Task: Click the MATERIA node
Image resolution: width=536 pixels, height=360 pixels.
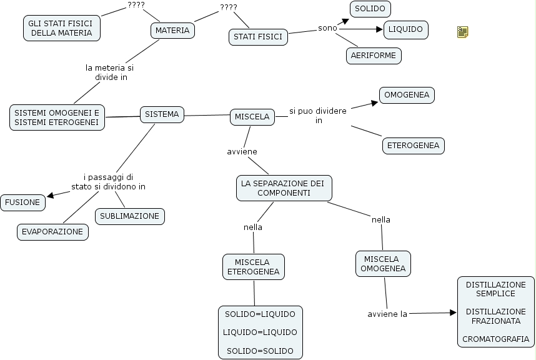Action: pos(172,30)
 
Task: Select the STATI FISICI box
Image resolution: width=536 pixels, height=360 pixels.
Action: pos(257,37)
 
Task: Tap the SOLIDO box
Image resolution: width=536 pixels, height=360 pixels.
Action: pos(370,9)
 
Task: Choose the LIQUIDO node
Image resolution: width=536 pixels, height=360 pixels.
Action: pos(405,29)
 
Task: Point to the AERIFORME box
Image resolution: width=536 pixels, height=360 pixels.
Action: pos(374,56)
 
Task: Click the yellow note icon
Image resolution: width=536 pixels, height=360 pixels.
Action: pos(463,32)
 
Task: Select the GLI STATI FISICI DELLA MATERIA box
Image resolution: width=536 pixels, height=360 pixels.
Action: pos(61,28)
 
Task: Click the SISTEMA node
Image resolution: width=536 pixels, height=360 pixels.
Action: pos(162,114)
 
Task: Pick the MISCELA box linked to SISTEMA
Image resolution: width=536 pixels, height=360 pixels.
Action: pos(252,116)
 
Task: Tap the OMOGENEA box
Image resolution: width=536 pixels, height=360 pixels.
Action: pos(407,95)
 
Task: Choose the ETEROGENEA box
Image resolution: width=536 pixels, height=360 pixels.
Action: pos(414,146)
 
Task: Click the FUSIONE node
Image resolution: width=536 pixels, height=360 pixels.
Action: pos(23,202)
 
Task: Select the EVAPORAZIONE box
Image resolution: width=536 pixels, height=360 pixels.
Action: pos(52,231)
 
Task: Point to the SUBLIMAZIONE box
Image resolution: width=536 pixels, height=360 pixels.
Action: pos(130,216)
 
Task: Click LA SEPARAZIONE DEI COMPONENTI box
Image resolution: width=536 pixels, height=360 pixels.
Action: pos(284,188)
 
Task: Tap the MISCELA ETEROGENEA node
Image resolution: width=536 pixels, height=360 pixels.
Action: pos(253,267)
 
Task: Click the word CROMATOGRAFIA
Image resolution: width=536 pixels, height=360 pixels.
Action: pos(495,339)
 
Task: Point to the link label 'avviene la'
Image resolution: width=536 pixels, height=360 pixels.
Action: pos(387,314)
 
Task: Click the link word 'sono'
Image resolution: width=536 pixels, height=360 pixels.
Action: pos(327,28)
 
